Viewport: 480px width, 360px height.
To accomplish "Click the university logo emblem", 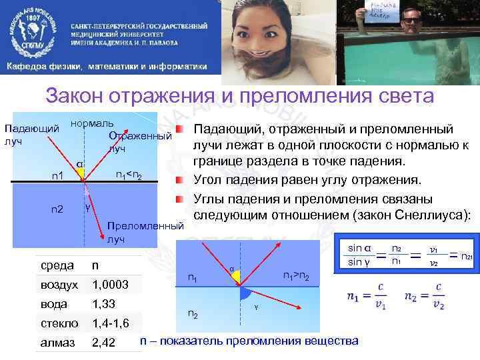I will pyautogui.click(x=34, y=30).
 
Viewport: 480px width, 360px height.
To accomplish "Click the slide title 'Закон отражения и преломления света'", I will pyautogui.click(x=239, y=97).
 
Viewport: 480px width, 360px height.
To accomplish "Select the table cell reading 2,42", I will pyautogui.click(x=104, y=343).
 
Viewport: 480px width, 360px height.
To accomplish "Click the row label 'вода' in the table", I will pyautogui.click(x=54, y=304).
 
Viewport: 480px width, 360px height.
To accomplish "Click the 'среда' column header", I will pyautogui.click(x=57, y=265).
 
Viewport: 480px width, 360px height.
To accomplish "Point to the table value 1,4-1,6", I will pyautogui.click(x=111, y=323).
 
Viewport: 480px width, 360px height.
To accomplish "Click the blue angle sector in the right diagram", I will pyautogui.click(x=246, y=293).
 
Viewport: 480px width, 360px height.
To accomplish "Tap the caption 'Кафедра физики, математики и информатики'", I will pyautogui.click(x=107, y=67).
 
